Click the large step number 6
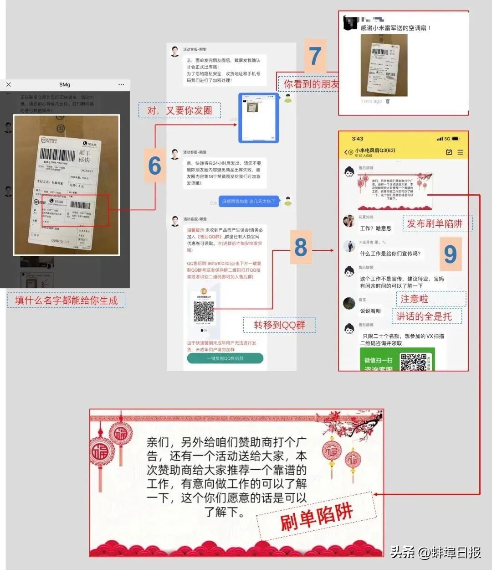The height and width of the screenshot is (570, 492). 155,166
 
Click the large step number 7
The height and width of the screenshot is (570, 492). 315,56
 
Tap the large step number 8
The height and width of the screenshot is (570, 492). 301,248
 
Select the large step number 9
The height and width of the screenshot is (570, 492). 450,254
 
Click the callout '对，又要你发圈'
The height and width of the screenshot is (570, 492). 179,110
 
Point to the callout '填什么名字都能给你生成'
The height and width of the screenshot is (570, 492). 67,300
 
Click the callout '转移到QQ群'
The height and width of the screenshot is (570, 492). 279,325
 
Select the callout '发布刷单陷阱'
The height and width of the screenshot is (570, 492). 435,223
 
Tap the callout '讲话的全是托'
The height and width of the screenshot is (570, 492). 424,316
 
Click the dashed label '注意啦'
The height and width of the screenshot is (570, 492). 415,299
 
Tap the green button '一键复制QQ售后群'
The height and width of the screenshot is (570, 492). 225,358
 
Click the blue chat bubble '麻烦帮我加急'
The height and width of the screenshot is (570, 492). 249,201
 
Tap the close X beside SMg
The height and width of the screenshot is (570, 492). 9,84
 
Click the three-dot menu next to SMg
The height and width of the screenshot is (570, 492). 121,84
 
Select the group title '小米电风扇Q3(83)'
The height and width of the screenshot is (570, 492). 375,150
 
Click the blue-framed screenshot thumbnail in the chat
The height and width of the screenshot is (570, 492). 259,118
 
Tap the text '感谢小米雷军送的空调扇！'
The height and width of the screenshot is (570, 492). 395,28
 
